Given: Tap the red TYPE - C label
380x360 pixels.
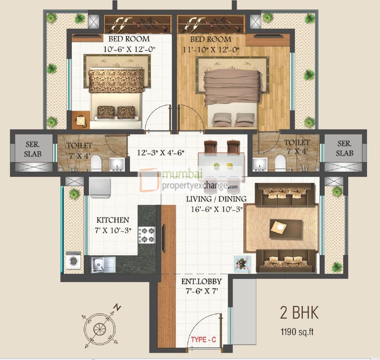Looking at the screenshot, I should (204, 340).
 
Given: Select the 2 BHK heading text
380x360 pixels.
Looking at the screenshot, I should (299, 313).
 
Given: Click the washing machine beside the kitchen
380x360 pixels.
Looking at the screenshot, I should (73, 261).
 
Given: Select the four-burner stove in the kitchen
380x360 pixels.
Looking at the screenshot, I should (147, 235).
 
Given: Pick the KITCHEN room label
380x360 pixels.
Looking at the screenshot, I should (113, 220).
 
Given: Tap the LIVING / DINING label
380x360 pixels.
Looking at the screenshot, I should (216, 199).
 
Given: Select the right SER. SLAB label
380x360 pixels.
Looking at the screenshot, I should (344, 149).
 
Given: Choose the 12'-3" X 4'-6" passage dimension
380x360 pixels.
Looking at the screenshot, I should (161, 153).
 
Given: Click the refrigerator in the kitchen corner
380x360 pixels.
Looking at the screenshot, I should (100, 188).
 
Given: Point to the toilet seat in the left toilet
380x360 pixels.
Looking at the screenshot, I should (96, 163).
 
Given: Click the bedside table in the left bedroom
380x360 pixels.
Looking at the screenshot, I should (81, 121).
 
